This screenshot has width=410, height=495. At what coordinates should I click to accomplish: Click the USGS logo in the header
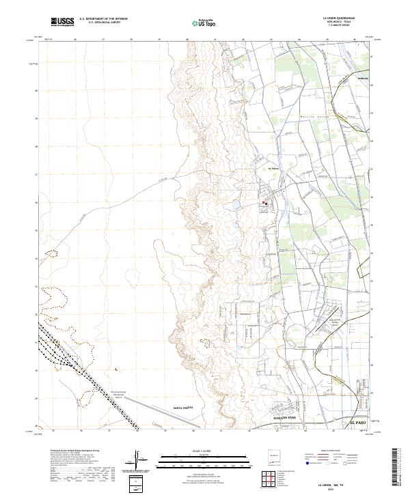pyautogui.click(x=61, y=22)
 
